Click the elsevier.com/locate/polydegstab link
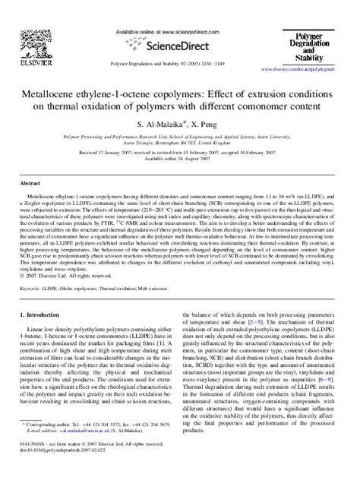(305, 69)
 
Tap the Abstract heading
(30, 183)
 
